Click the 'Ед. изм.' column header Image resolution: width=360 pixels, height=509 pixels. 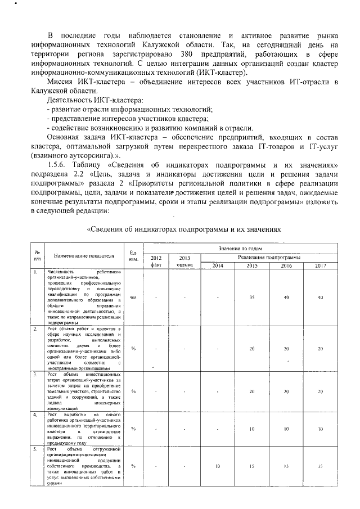133,255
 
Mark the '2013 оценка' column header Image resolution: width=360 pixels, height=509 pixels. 184,261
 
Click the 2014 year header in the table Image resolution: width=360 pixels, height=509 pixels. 218,265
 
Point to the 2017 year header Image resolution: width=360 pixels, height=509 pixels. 320,265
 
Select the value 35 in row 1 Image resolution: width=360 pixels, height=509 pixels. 251,297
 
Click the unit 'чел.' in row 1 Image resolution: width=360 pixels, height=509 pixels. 133,297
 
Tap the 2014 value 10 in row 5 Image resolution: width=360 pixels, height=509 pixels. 218,466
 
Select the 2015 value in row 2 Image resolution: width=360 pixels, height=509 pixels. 251,348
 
